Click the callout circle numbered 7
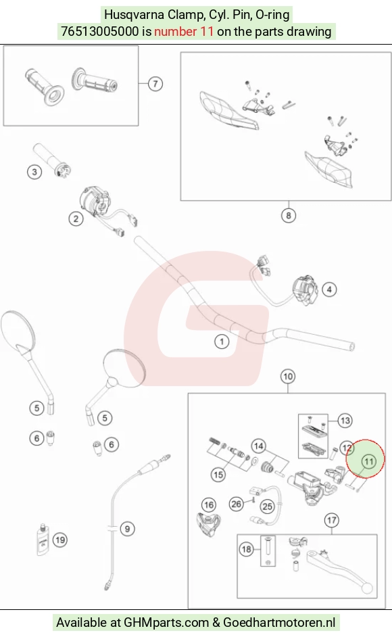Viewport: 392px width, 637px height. (x=155, y=84)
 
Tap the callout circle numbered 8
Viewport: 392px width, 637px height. (x=289, y=215)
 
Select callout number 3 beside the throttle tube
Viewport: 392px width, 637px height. (x=34, y=172)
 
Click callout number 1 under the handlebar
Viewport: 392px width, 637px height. (x=222, y=341)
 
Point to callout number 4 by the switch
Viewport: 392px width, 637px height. (x=329, y=289)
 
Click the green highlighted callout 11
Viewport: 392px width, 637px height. (x=369, y=461)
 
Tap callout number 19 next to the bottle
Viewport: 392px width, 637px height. (x=60, y=540)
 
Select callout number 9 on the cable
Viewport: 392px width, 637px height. (x=128, y=529)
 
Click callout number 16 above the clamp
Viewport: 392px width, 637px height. (x=209, y=505)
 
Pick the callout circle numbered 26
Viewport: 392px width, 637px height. (x=237, y=504)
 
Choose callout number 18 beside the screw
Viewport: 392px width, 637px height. (x=247, y=549)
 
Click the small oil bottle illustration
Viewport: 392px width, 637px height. (x=43, y=540)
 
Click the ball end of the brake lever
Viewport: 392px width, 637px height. (x=368, y=588)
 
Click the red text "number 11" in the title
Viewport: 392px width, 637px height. (x=184, y=31)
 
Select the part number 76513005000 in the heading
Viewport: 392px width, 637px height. (x=100, y=31)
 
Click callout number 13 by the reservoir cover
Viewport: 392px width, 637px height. (x=345, y=421)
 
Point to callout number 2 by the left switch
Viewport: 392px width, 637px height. (x=76, y=218)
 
